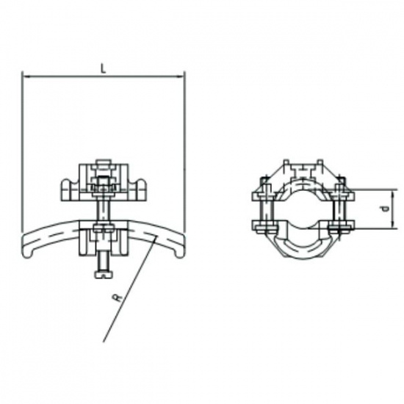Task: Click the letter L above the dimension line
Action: click(x=104, y=68)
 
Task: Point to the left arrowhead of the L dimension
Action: click(x=26, y=75)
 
